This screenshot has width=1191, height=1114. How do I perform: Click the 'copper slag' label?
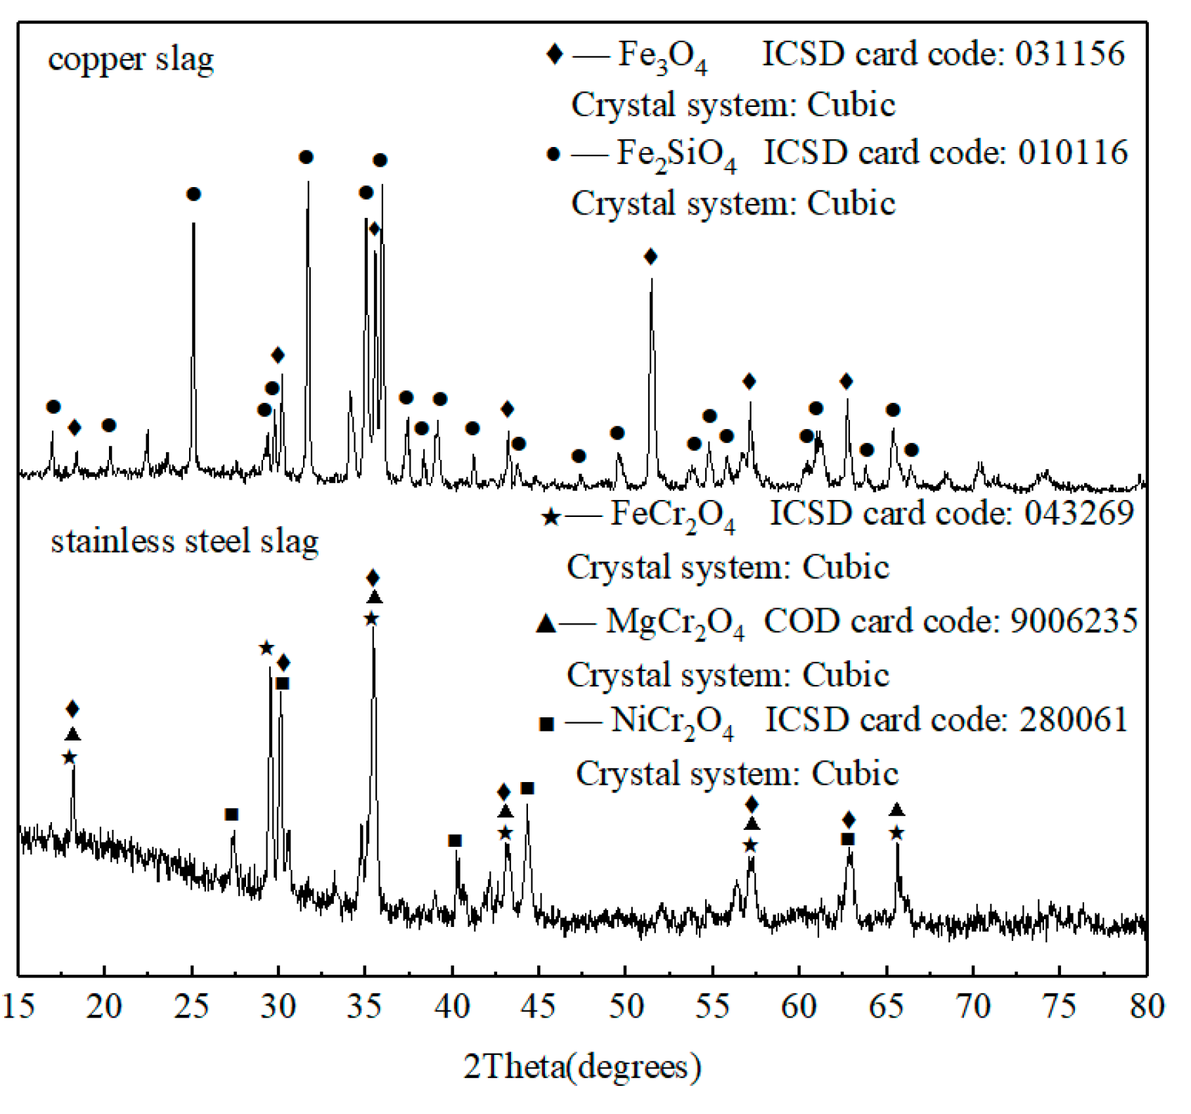(131, 60)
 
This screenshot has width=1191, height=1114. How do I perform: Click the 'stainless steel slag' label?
(184, 542)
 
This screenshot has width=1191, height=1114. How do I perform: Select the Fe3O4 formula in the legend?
(662, 56)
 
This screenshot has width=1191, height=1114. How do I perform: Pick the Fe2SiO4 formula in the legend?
(676, 154)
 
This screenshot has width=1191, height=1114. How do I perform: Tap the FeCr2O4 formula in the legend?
(672, 515)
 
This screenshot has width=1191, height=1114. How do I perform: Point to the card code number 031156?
(1069, 54)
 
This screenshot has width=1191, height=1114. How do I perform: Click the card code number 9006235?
(1074, 621)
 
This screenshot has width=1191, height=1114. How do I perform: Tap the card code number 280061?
(1074, 720)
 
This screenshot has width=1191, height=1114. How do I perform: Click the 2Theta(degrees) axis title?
(582, 1067)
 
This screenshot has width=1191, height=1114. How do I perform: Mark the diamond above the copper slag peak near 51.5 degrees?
(650, 257)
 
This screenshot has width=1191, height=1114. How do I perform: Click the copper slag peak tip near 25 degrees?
(193, 225)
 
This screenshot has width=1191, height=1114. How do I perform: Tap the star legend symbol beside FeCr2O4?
(551, 518)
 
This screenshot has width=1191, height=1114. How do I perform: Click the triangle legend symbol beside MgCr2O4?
(546, 624)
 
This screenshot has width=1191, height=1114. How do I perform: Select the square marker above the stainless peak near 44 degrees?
(527, 788)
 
